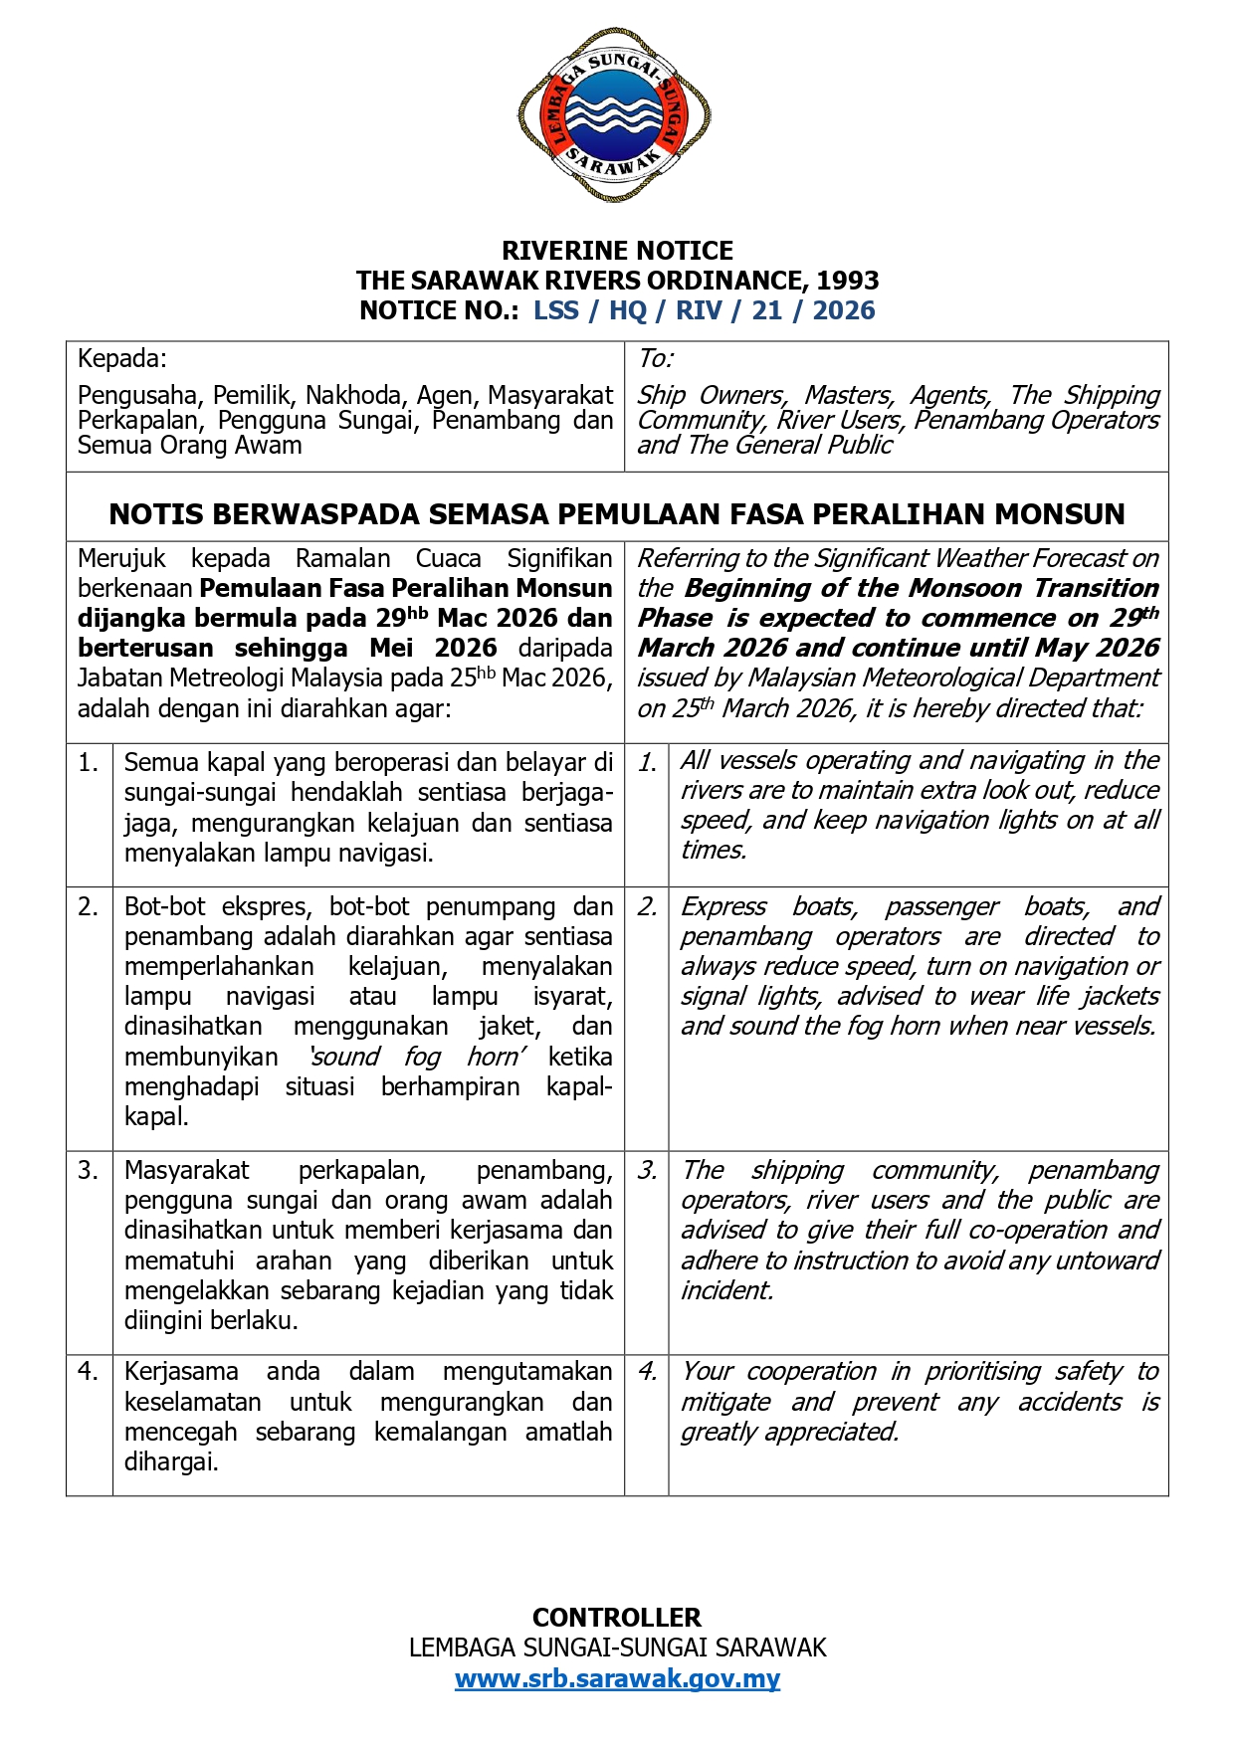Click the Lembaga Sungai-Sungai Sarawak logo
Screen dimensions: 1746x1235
pyautogui.click(x=614, y=114)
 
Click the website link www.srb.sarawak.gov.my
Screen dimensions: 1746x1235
pyautogui.click(x=617, y=1678)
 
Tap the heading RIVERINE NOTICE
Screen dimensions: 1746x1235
pyautogui.click(x=617, y=251)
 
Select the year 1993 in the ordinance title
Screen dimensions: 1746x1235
pyautogui.click(x=848, y=281)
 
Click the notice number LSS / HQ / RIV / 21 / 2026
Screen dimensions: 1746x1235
pyautogui.click(x=704, y=310)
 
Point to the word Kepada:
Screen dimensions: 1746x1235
pyautogui.click(x=122, y=358)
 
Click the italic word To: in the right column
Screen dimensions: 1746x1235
pyautogui.click(x=656, y=358)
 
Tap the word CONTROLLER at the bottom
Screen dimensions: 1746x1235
pyautogui.click(x=617, y=1617)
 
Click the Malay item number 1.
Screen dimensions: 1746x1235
pyautogui.click(x=89, y=763)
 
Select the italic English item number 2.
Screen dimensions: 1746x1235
pyautogui.click(x=647, y=906)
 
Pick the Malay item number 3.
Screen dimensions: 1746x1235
pyautogui.click(x=89, y=1170)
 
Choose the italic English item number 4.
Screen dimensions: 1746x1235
pyautogui.click(x=647, y=1371)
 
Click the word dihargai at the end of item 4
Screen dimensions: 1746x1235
pyautogui.click(x=170, y=1462)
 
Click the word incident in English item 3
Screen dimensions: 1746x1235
pyautogui.click(x=725, y=1290)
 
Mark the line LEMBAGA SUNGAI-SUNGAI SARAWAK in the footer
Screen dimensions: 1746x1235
pyautogui.click(x=617, y=1648)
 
